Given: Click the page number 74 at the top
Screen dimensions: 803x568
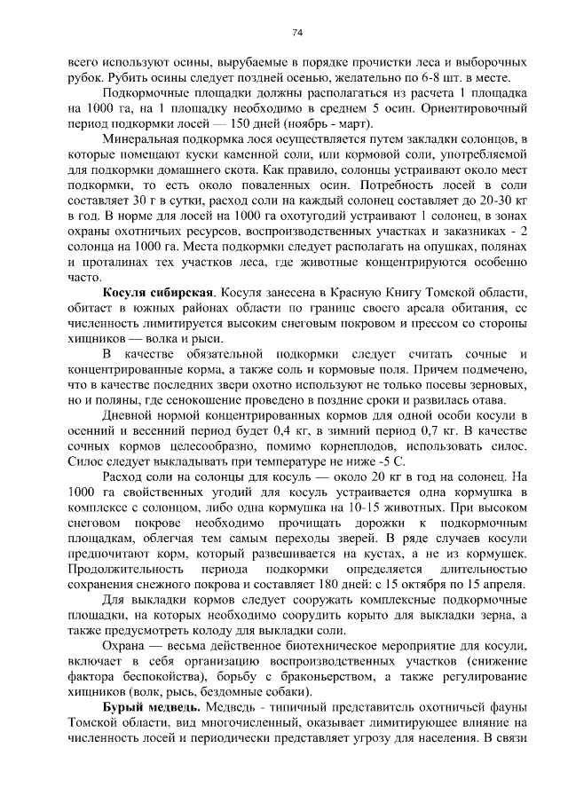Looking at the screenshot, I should point(297,33).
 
